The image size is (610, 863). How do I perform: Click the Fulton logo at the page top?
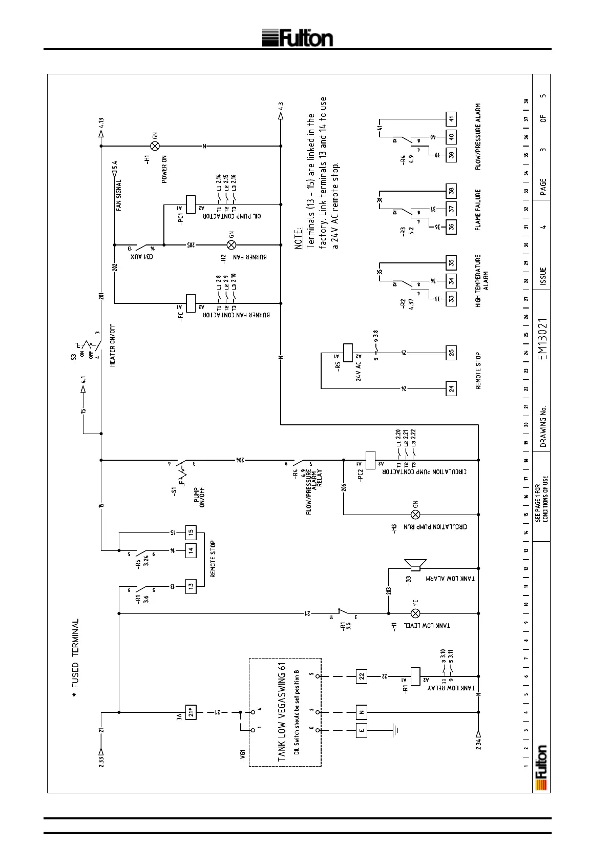coord(298,37)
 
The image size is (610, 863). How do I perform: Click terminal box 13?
coord(191,585)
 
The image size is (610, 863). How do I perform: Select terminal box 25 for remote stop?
coord(451,353)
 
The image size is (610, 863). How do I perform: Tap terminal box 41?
coord(451,119)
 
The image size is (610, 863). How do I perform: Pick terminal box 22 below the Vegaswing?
coord(362,676)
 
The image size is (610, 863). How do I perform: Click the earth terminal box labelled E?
coord(362,730)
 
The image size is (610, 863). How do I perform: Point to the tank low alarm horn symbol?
coord(416,565)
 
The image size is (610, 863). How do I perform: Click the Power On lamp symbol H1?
coord(155,146)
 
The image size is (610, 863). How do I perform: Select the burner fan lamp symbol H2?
coord(231,245)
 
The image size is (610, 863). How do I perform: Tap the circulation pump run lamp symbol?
coord(416,514)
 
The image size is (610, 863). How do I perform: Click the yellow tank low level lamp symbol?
coord(416,613)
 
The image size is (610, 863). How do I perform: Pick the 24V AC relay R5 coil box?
coord(348,353)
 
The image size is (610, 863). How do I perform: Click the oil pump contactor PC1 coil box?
coord(191,203)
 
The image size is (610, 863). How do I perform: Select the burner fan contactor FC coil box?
coord(191,303)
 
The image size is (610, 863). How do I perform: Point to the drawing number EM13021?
coord(543,339)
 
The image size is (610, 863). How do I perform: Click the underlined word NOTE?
coord(300,239)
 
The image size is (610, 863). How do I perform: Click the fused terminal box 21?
coord(191,712)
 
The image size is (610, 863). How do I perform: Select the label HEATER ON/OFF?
coord(113,345)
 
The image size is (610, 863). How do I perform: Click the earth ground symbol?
coord(395,730)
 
